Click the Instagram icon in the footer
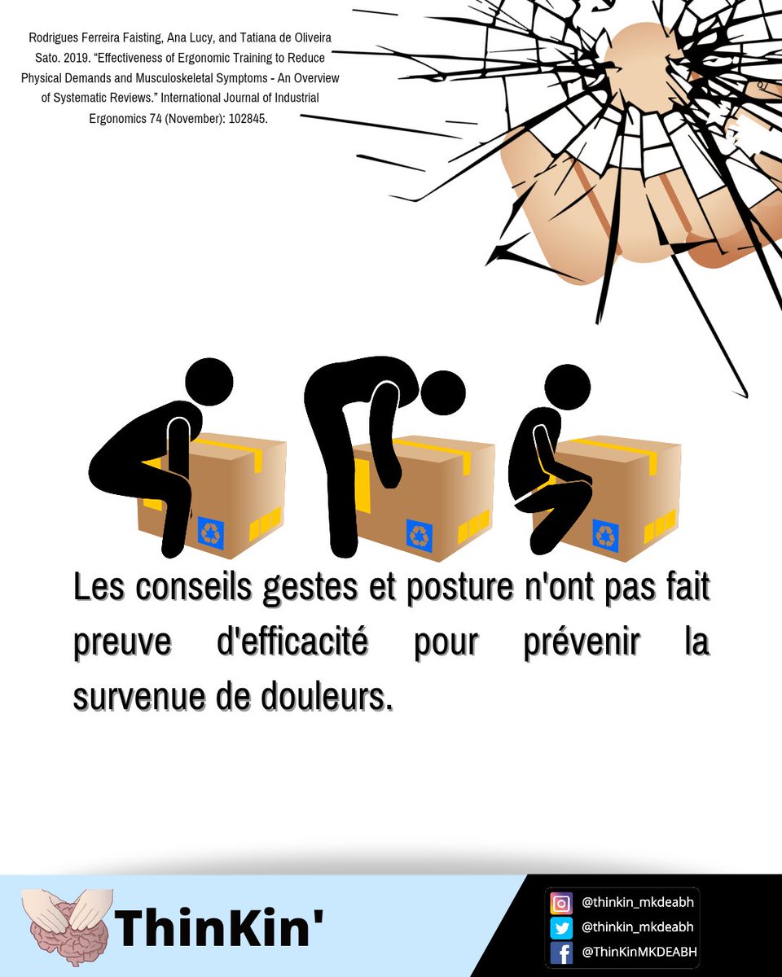pos(561,904)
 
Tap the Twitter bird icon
pos(561,928)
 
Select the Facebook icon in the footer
pos(561,953)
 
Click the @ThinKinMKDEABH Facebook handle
pos(639,952)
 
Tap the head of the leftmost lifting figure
pos(209,382)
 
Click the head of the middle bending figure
pos(443,393)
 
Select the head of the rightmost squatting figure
pos(568,388)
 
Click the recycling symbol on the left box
pos(211,533)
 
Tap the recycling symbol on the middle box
pos(420,537)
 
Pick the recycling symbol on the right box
pos(606,536)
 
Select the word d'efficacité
pos(292,641)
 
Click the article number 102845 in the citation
pos(248,119)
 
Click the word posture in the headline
pos(460,589)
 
